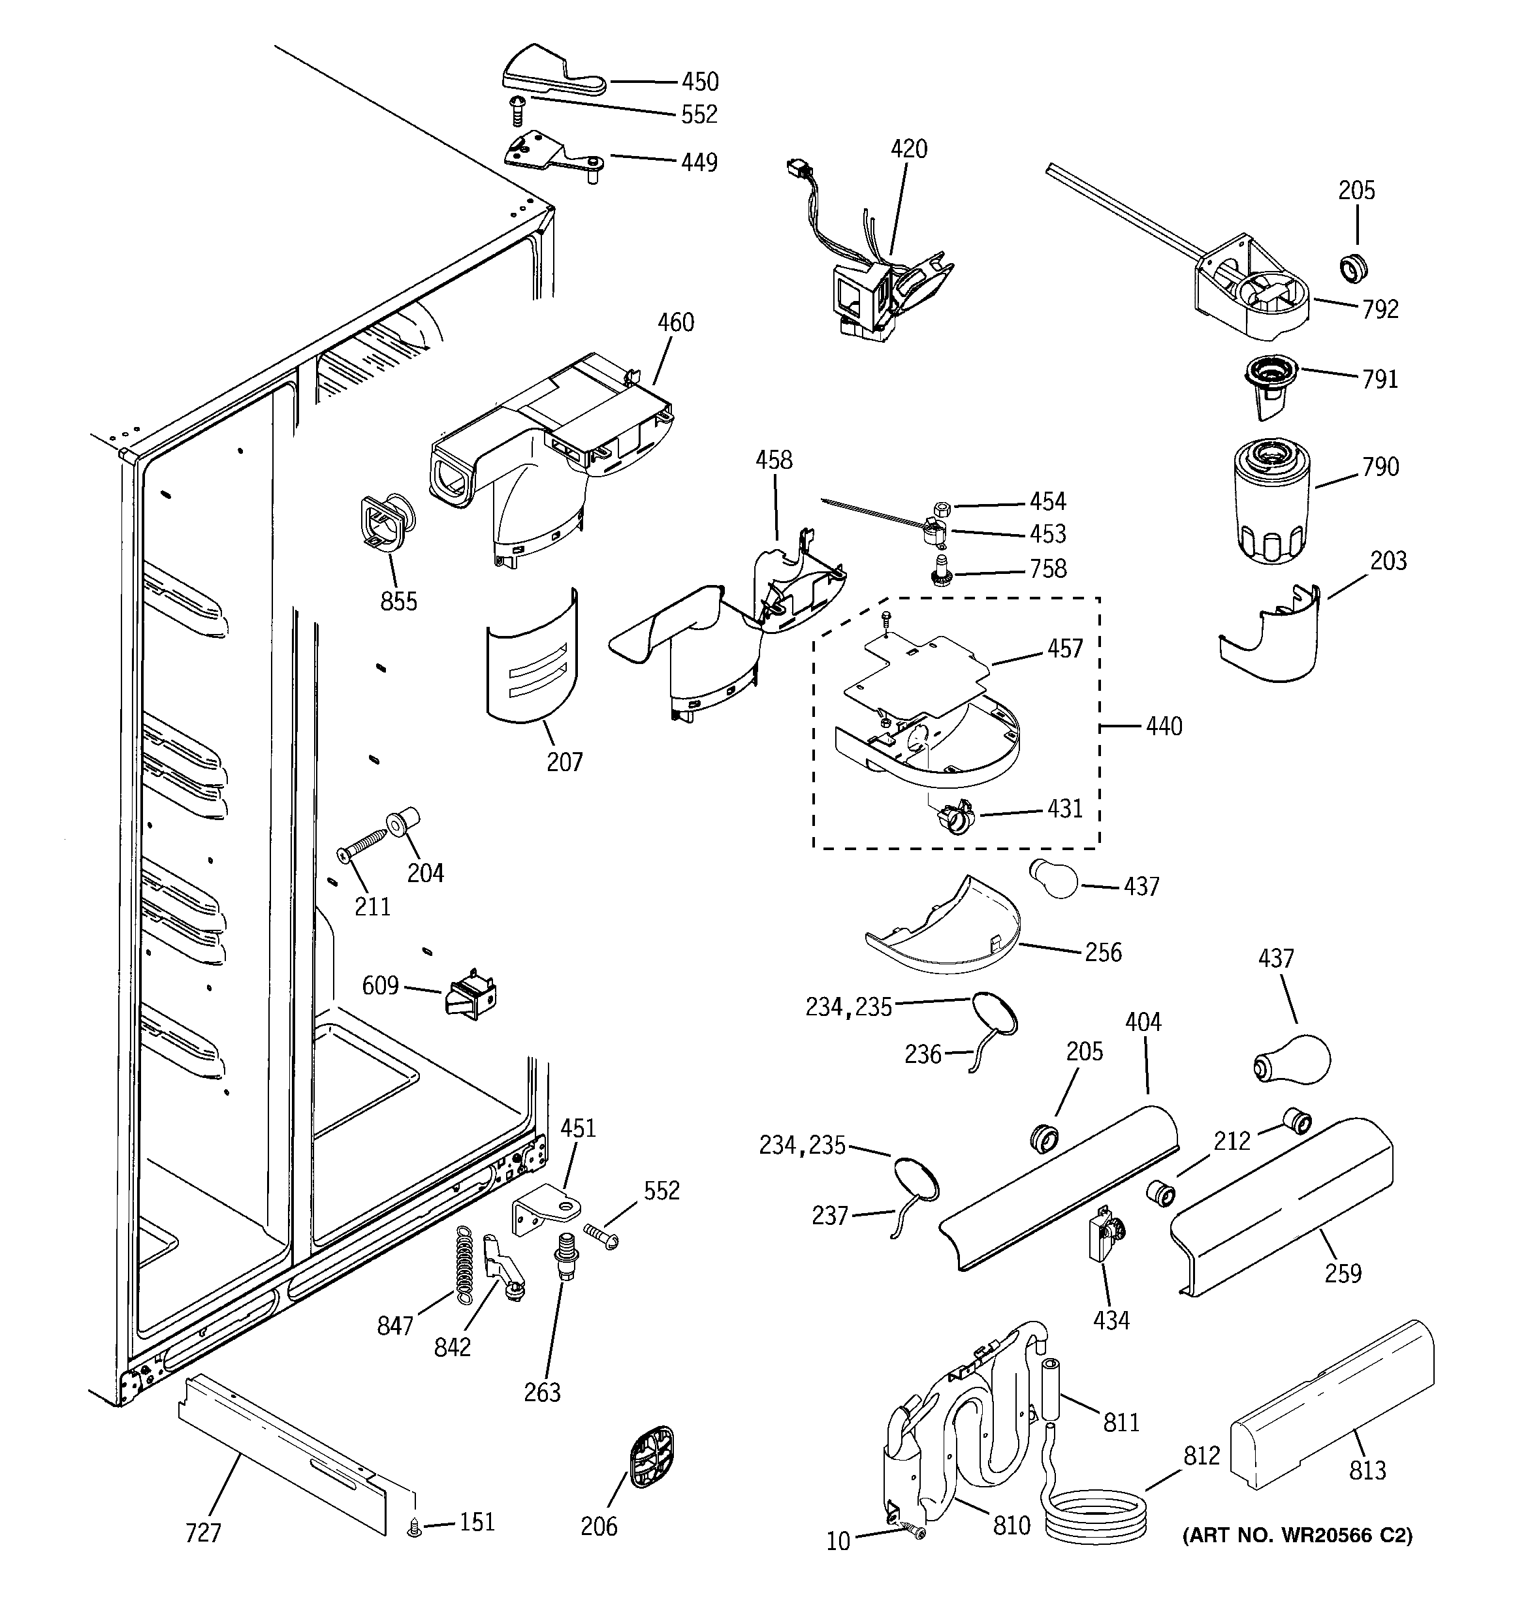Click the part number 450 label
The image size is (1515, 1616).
coord(699,82)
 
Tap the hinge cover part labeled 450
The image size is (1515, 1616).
coord(541,72)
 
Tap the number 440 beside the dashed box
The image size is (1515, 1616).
coord(1164,726)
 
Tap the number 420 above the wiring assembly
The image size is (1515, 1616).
coord(908,149)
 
